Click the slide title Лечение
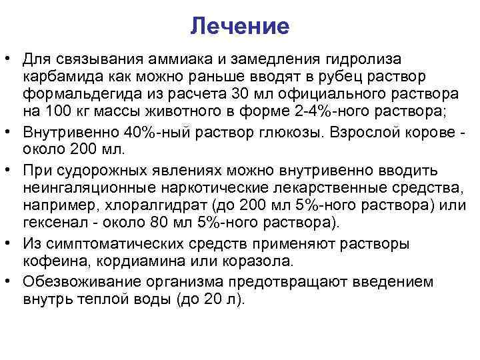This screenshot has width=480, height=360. (x=239, y=26)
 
